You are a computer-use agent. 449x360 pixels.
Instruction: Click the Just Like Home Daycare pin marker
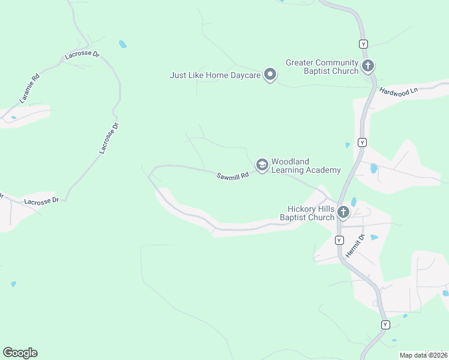[271, 75]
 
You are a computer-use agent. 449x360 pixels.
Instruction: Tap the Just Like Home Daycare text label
[215, 76]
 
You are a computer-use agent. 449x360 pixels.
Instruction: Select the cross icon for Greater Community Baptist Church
[367, 65]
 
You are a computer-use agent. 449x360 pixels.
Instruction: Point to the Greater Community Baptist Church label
[322, 67]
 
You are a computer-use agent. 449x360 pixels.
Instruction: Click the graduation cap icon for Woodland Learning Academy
[262, 164]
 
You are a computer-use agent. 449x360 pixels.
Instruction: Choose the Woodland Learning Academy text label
[306, 166]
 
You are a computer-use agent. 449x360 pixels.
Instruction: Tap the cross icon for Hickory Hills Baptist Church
[343, 212]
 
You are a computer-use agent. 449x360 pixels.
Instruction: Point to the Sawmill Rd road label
[233, 175]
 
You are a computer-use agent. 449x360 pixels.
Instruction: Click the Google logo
[20, 353]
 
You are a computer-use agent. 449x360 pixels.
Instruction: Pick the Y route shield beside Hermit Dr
[339, 240]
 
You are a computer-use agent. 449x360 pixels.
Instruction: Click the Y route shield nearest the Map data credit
[385, 325]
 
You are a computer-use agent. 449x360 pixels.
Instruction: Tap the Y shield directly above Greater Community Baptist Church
[363, 44]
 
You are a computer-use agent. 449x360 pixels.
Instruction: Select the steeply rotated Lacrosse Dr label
[109, 137]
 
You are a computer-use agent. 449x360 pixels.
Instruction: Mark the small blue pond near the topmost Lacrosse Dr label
[123, 44]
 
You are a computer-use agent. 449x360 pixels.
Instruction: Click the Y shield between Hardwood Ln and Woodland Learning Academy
[362, 142]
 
